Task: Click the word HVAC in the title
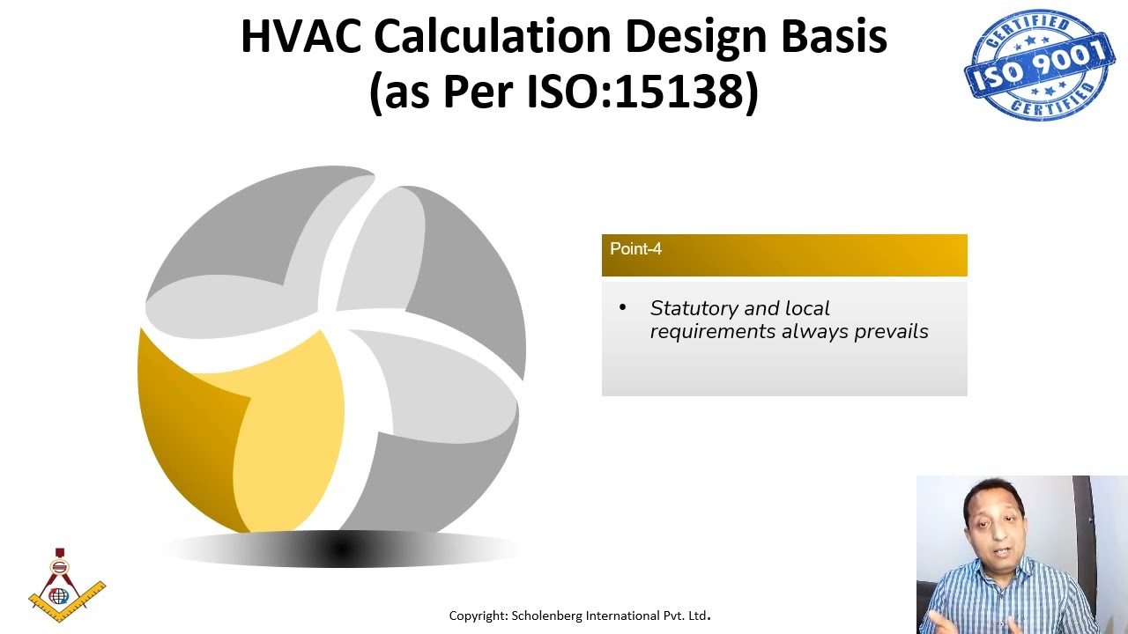pos(301,37)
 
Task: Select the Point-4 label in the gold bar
pos(635,249)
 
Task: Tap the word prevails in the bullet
pos(891,332)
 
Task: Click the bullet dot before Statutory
pos(622,308)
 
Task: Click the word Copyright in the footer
pos(477,616)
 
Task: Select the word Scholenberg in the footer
pos(546,616)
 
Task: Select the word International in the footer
pos(621,616)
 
